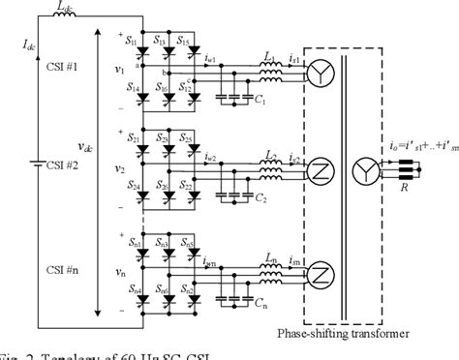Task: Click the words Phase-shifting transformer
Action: [x=360, y=334]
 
